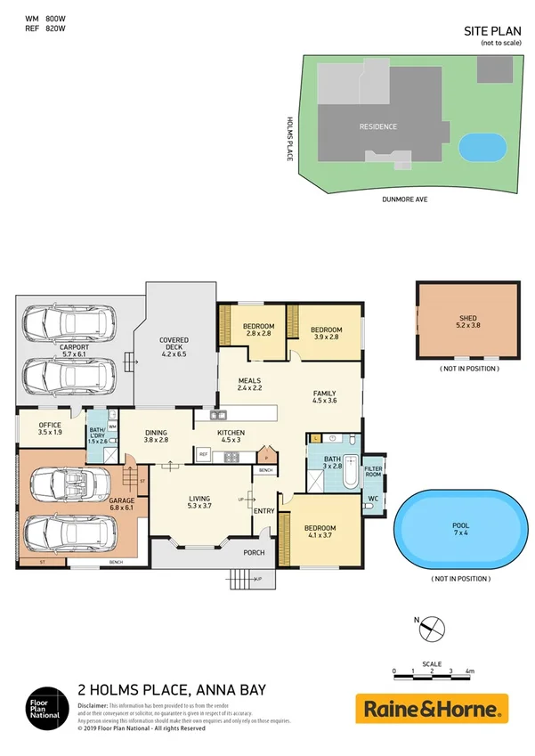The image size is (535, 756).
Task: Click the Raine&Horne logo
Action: [x=432, y=709]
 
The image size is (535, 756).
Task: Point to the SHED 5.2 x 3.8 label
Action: [x=467, y=322]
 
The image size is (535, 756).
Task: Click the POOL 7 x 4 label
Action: [x=459, y=532]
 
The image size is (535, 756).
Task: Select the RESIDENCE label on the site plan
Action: [x=377, y=126]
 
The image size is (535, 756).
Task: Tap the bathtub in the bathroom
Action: [x=349, y=471]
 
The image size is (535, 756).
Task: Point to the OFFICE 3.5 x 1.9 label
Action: [x=50, y=428]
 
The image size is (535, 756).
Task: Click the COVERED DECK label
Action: [x=174, y=346]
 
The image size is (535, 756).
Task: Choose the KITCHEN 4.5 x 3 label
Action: [x=231, y=436]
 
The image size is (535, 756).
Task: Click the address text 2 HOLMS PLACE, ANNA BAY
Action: [x=172, y=689]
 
